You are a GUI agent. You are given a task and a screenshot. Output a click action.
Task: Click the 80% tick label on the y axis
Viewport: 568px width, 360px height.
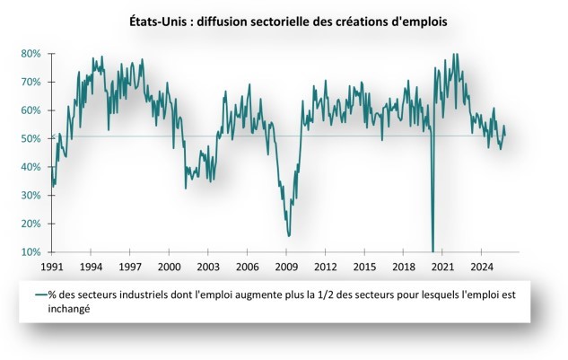point(31,53)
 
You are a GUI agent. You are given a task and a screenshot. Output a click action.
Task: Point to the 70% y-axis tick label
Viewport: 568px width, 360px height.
point(31,82)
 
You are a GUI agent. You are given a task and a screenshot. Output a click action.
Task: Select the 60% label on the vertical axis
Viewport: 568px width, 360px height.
point(31,110)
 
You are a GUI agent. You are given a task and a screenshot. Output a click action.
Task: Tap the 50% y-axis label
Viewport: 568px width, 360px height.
point(31,138)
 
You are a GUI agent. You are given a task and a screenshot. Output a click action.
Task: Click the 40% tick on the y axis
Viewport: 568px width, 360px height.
point(31,167)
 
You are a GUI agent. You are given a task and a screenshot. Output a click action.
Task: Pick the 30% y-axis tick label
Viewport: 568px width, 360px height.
point(31,196)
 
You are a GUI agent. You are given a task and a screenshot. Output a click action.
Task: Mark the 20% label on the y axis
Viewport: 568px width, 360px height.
point(31,224)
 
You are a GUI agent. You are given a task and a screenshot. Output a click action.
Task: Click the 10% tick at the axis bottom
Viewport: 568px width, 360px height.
point(31,252)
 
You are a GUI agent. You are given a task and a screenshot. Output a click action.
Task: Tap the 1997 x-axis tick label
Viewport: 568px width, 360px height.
point(131,268)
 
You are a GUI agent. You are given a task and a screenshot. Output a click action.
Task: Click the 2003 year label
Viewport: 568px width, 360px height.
point(208,268)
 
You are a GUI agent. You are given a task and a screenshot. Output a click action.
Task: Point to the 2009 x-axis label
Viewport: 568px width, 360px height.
point(286,268)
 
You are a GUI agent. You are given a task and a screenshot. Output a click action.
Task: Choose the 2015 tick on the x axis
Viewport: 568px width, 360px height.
point(363,268)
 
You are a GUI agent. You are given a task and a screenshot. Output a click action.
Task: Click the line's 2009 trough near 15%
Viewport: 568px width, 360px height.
point(289,235)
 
